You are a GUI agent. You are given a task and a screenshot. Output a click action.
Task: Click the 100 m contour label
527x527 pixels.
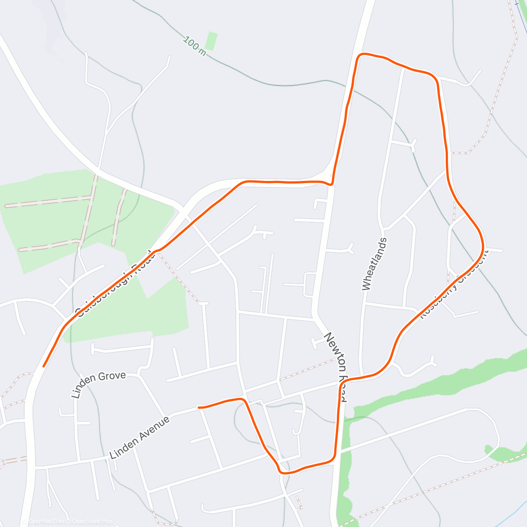195,46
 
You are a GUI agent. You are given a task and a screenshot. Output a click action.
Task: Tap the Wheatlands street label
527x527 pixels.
375,264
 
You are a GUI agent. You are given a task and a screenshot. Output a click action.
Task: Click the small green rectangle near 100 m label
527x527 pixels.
212,41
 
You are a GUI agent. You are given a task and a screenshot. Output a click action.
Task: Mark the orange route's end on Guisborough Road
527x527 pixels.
43,365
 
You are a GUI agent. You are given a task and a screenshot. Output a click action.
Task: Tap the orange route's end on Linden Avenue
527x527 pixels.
199,408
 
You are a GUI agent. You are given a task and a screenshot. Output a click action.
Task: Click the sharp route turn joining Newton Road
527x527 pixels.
331,184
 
